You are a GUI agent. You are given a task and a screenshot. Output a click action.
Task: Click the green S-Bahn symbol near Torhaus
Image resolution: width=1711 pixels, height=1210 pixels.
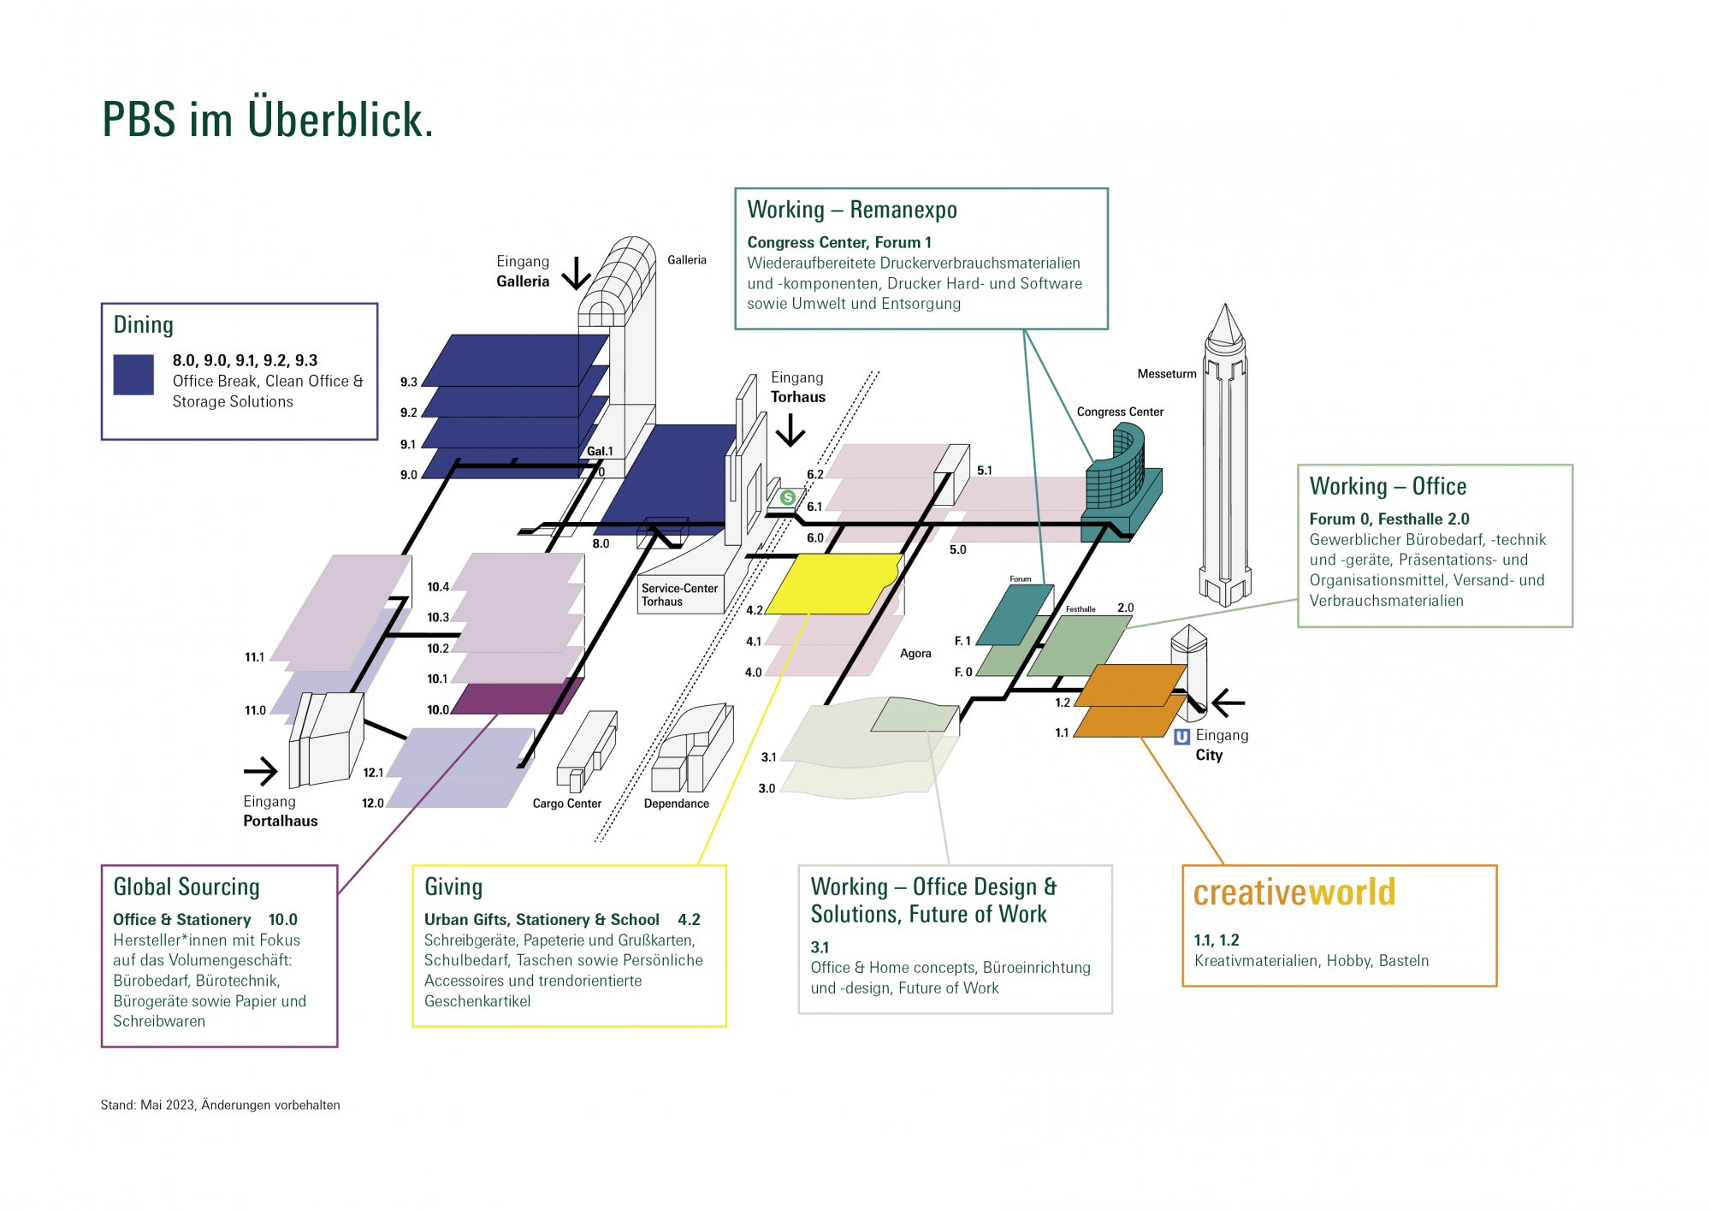coord(788,497)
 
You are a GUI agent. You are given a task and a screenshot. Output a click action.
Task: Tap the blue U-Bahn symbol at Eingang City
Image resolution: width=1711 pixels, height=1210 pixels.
coord(1182,737)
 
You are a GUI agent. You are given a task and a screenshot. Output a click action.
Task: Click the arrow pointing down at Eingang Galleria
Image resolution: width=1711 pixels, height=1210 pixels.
coord(577,274)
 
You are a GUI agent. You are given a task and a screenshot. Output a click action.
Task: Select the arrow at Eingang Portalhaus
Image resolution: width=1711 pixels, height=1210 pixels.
coord(261,771)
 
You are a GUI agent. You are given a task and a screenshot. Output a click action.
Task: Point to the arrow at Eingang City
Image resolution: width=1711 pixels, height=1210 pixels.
coord(1228,703)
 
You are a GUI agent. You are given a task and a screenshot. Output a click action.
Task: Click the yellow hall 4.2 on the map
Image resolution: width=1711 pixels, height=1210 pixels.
coord(834,584)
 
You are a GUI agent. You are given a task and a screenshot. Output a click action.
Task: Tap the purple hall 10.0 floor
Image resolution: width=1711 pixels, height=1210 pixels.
coord(518,697)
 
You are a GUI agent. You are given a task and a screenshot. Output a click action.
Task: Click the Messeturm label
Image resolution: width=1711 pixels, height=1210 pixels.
coord(1167,374)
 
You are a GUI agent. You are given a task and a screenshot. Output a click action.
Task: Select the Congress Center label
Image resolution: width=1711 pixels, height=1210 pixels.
coord(1120,412)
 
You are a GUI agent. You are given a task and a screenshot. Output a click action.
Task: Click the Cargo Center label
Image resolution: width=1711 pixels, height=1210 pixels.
coord(566,804)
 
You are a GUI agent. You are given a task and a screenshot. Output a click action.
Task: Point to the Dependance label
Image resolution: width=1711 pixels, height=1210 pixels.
coord(676,804)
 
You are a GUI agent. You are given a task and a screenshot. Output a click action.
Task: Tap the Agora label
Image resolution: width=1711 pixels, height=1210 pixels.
coord(915,654)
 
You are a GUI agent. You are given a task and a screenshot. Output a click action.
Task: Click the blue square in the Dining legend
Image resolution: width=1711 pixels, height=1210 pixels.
coord(133,375)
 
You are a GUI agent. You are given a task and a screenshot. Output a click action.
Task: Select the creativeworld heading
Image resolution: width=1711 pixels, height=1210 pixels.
coord(1294,892)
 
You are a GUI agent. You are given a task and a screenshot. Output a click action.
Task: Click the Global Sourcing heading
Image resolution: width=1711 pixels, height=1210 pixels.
coord(186,887)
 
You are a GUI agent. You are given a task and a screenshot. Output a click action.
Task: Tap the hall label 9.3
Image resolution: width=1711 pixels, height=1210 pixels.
coord(409,383)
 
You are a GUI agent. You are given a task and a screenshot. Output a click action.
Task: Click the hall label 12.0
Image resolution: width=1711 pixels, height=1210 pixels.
coord(373,804)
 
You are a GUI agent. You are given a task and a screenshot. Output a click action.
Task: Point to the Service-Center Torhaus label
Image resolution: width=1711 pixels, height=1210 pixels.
coord(679,595)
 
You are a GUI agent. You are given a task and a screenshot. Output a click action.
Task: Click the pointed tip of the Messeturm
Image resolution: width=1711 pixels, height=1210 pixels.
coord(1226,304)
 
